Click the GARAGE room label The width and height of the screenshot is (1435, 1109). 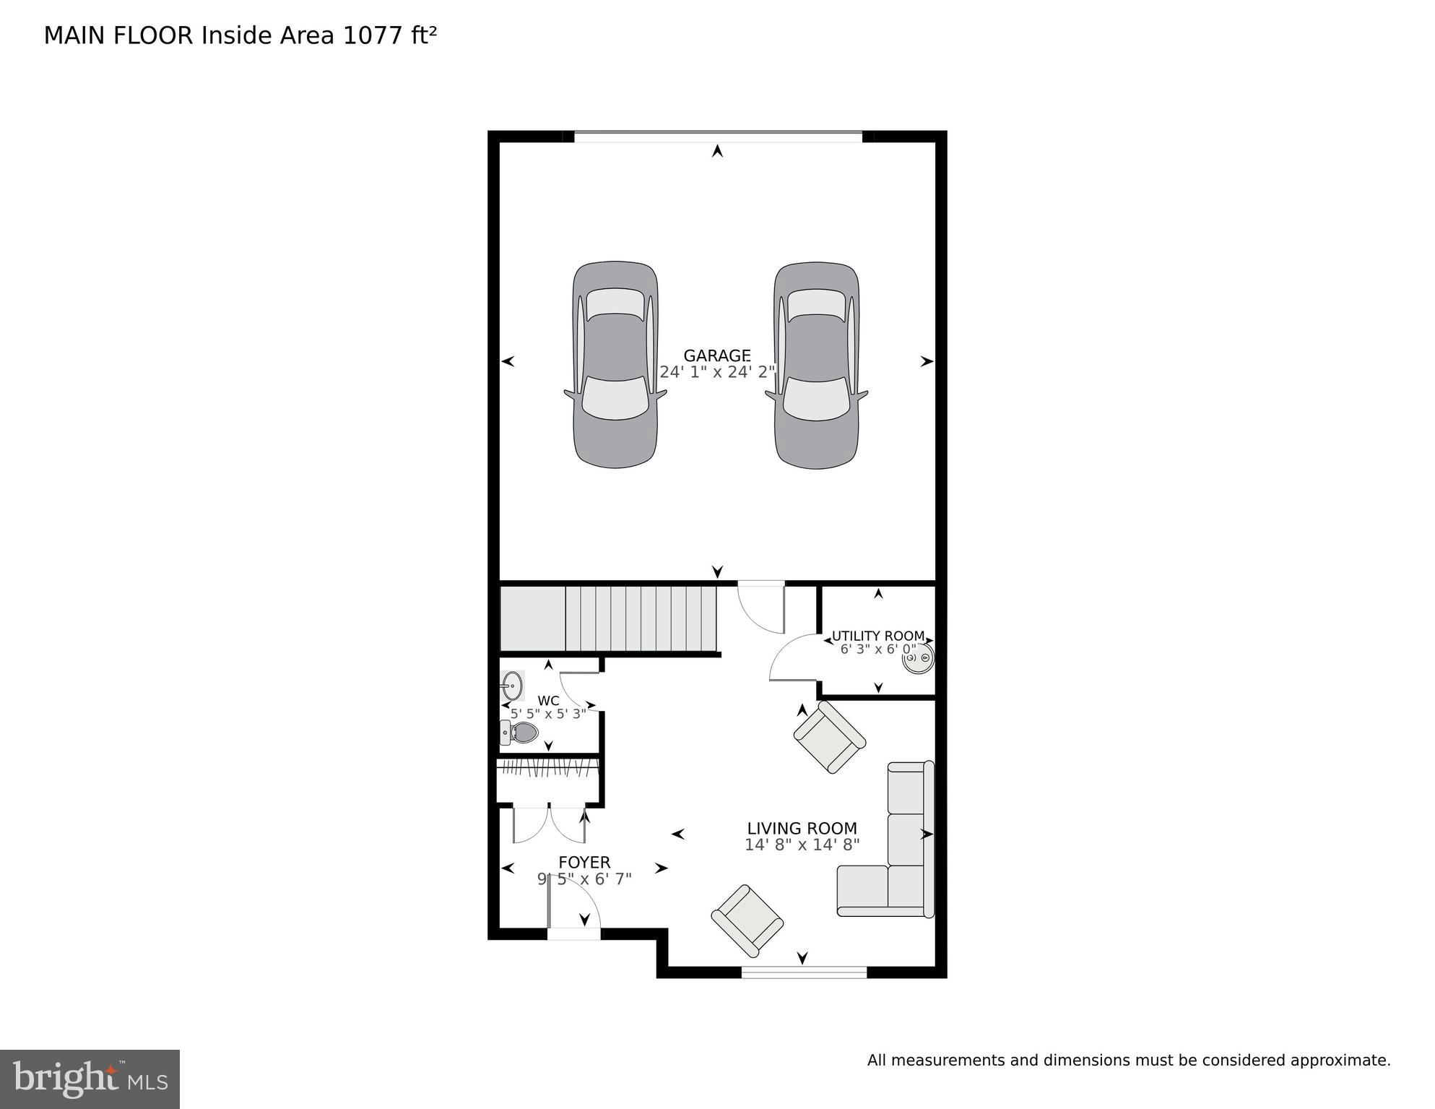716,355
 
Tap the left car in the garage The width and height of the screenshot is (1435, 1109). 615,365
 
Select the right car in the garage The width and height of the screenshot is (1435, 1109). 817,365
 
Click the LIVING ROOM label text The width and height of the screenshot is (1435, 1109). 802,828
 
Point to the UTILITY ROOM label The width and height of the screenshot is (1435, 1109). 877,636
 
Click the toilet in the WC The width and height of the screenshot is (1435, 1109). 521,733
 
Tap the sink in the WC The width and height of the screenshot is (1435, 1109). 512,685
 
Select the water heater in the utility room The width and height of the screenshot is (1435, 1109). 918,658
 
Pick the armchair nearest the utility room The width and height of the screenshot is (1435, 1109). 829,738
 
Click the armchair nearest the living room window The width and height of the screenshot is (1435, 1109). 747,919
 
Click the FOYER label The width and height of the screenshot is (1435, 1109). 584,862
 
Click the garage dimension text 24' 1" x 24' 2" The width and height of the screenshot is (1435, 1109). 716,372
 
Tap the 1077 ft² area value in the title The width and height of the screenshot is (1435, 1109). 389,35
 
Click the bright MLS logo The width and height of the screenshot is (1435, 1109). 90,1079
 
